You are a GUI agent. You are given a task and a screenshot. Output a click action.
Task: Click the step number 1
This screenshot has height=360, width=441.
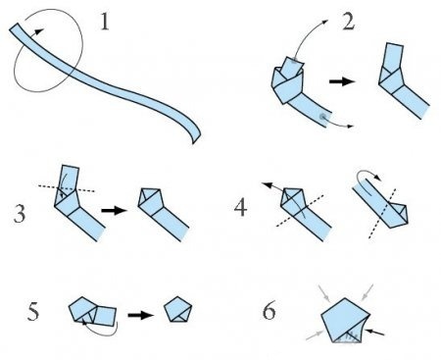pyautogui.click(x=104, y=22)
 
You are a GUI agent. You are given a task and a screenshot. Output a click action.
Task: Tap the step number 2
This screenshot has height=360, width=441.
pyautogui.click(x=348, y=23)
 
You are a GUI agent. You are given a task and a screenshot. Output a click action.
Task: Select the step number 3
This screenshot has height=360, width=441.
pyautogui.click(x=20, y=214)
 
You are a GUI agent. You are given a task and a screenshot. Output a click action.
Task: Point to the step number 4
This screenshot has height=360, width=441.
pyautogui.click(x=240, y=208)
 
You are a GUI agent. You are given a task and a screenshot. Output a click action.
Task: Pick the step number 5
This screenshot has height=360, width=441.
pyautogui.click(x=33, y=311)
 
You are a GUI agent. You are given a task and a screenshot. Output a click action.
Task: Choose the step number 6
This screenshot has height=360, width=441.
pyautogui.click(x=269, y=310)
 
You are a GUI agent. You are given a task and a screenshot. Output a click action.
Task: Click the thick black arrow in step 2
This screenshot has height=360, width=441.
pyautogui.click(x=342, y=81)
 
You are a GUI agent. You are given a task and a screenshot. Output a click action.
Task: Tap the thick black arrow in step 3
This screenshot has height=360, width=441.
pyautogui.click(x=114, y=210)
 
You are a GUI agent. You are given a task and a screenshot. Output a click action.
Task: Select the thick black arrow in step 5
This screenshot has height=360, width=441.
pyautogui.click(x=140, y=315)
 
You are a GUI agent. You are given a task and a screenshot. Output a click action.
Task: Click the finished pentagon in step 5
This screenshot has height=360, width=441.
pyautogui.click(x=177, y=310)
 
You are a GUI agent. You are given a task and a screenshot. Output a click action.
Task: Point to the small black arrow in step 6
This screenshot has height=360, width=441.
pyautogui.click(x=374, y=333)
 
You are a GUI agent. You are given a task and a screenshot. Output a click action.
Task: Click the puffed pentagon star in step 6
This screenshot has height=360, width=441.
pyautogui.click(x=344, y=322)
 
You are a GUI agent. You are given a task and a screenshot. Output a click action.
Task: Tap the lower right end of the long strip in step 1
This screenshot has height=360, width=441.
pyautogui.click(x=196, y=139)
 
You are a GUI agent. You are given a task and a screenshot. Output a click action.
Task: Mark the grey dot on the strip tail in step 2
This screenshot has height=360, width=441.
pyautogui.click(x=323, y=117)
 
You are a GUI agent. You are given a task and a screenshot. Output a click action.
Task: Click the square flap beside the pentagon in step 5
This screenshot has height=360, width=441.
pyautogui.click(x=105, y=316)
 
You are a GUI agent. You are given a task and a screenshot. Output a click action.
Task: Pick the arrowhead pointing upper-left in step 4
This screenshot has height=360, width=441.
pyautogui.click(x=268, y=185)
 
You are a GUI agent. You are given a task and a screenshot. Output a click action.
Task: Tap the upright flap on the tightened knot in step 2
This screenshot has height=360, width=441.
pyautogui.click(x=394, y=56)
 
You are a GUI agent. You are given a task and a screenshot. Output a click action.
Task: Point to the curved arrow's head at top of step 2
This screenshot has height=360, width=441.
pyautogui.click(x=324, y=22)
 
